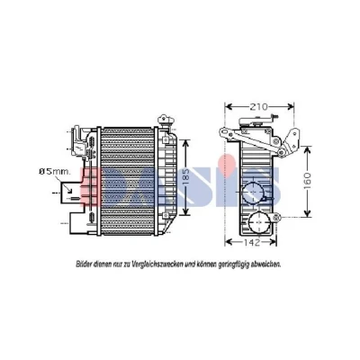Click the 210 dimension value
point(259,106)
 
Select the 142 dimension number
point(250,242)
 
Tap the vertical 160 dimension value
point(307,181)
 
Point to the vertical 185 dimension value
point(186,177)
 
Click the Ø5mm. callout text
point(55,172)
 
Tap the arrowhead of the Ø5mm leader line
point(70,190)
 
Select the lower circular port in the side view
point(259,222)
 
